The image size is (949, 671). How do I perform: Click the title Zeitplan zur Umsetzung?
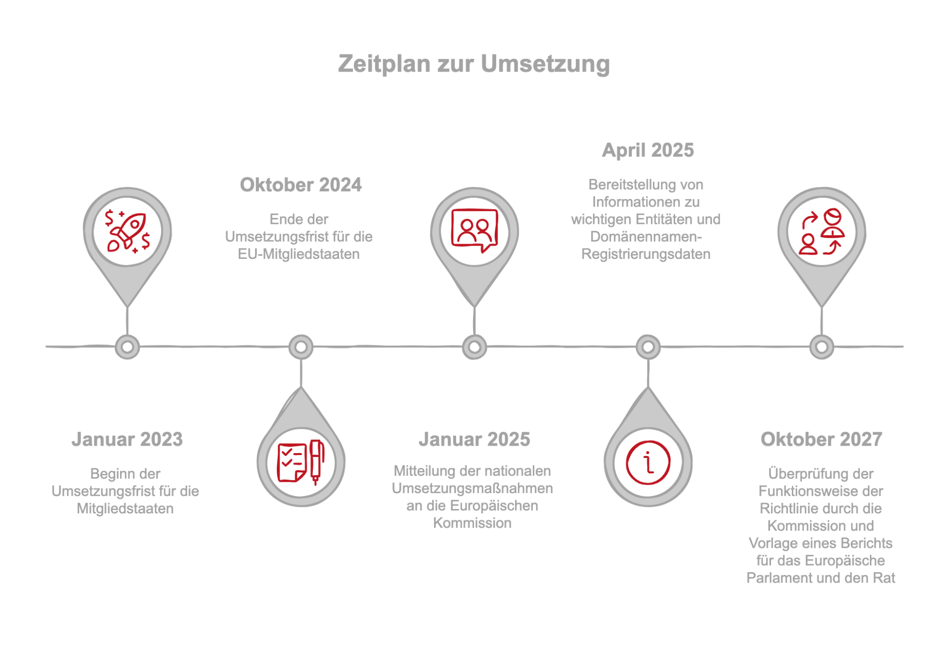[474, 64]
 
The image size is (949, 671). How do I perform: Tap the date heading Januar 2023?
[127, 439]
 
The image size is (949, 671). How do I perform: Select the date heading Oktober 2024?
[301, 185]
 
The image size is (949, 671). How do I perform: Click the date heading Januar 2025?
[474, 439]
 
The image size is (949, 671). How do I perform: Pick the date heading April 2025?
[647, 150]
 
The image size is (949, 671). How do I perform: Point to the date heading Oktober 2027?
[821, 439]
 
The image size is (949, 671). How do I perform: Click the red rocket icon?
[128, 231]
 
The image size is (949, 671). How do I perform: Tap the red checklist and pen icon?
[301, 462]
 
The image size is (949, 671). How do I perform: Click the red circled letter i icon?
[648, 462]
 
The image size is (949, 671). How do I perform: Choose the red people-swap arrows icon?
[821, 231]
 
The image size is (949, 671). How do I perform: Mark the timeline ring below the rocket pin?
[127, 347]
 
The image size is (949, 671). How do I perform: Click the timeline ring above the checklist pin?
[301, 347]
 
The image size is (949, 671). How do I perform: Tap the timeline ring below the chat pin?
[474, 347]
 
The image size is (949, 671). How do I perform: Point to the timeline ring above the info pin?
[648, 347]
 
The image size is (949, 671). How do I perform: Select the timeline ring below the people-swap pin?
[821, 347]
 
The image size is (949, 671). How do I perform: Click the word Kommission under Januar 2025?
[473, 523]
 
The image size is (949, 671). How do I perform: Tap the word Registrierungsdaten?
[646, 254]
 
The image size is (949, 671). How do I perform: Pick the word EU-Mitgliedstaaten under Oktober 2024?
[299, 254]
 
